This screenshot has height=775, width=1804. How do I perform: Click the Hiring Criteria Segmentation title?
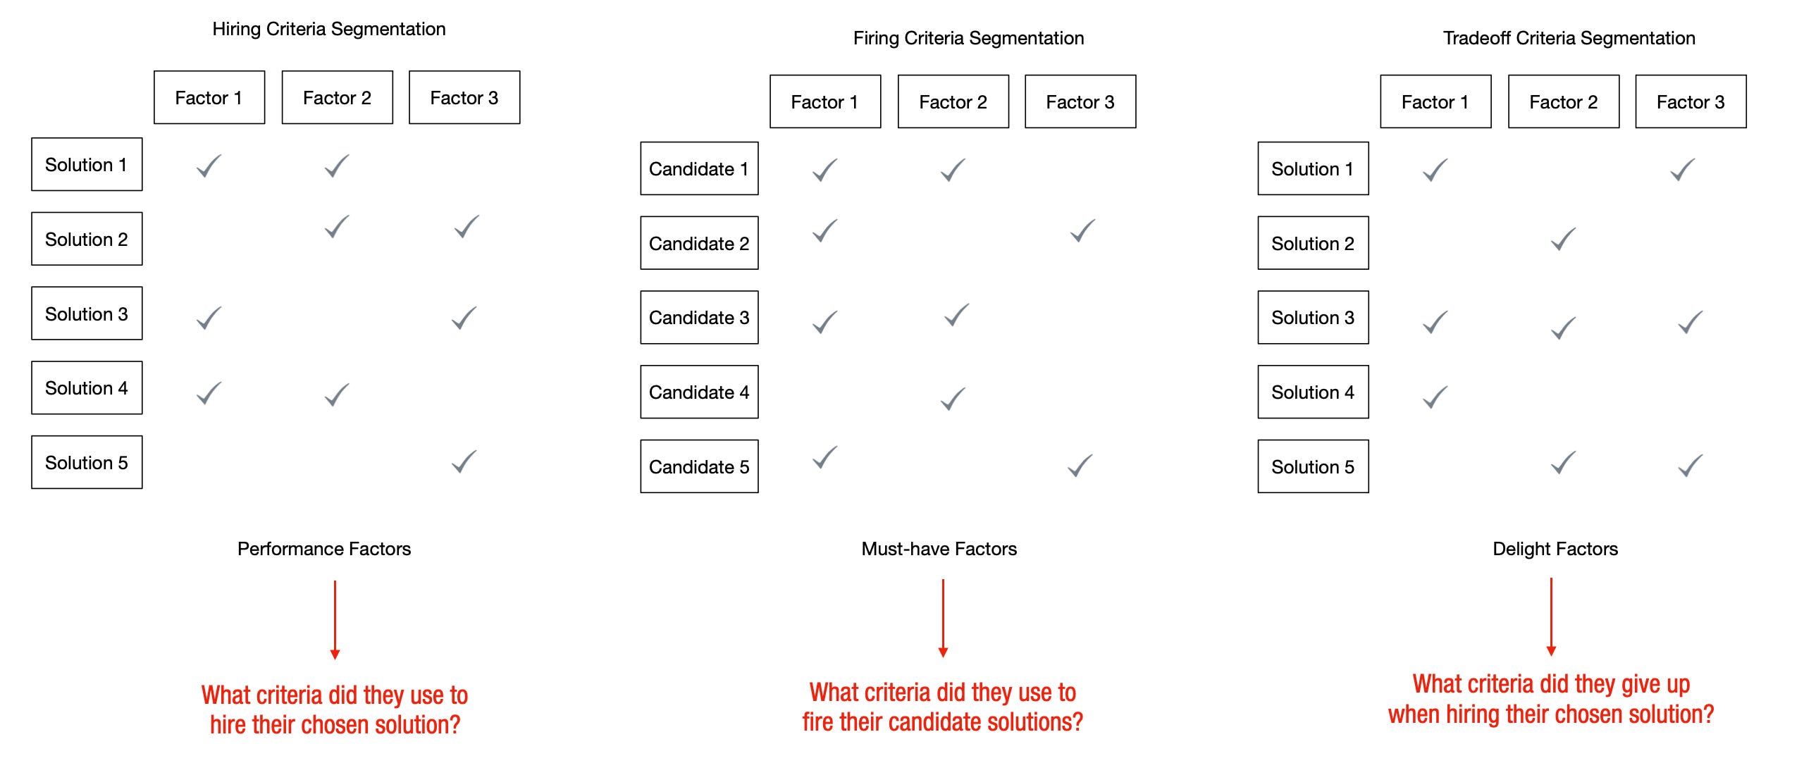click(x=328, y=29)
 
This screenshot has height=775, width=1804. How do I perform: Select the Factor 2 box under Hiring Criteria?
click(x=337, y=97)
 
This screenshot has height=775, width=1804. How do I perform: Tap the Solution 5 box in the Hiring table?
click(x=87, y=462)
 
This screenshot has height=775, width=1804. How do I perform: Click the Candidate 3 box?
click(x=699, y=317)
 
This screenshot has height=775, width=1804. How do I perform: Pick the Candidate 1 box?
click(x=699, y=168)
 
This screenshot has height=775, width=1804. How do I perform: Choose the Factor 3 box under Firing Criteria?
click(x=1080, y=101)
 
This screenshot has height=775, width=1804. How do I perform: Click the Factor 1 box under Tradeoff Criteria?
click(x=1435, y=101)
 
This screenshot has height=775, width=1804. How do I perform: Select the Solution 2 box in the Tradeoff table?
click(x=1313, y=243)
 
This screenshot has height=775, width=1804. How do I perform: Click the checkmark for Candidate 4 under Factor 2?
click(x=953, y=399)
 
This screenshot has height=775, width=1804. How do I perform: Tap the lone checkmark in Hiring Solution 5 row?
click(x=464, y=462)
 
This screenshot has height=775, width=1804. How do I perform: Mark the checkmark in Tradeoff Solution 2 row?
click(x=1563, y=240)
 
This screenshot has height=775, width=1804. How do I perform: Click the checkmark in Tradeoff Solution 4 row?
click(x=1435, y=397)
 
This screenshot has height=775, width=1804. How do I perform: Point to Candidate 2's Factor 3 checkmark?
click(x=1082, y=231)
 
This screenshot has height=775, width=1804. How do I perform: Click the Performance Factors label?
click(x=324, y=549)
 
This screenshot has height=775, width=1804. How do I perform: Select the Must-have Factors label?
click(x=939, y=549)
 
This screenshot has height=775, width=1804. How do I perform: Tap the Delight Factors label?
click(x=1555, y=549)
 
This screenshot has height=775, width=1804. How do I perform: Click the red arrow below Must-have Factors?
click(x=943, y=618)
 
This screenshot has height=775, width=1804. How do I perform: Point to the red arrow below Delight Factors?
click(x=1551, y=616)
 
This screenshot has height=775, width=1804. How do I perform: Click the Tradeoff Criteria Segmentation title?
click(x=1569, y=38)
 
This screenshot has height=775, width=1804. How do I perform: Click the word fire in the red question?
click(x=817, y=722)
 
